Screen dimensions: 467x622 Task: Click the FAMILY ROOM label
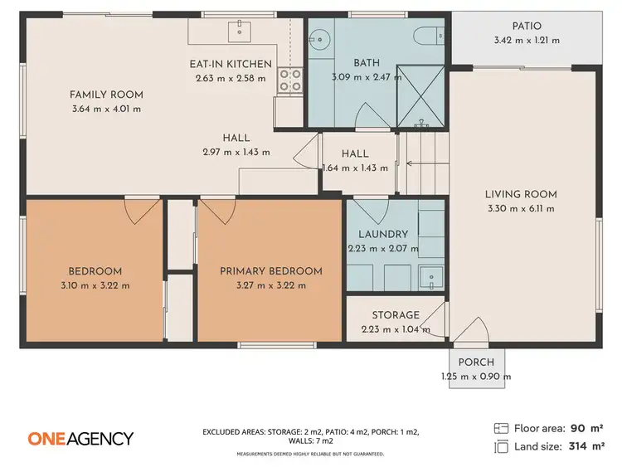point(106,95)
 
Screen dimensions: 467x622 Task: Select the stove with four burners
point(289,80)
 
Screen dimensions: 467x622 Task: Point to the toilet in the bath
point(429,34)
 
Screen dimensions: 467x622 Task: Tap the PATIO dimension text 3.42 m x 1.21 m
point(527,39)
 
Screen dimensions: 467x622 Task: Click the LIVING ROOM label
point(521,194)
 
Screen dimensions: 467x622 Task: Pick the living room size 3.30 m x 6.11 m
point(521,207)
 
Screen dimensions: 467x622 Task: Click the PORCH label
point(476,362)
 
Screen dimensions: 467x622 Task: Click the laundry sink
point(428,276)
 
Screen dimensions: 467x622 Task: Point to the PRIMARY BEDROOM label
point(270,271)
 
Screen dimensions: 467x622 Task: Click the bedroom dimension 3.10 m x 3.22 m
point(95,285)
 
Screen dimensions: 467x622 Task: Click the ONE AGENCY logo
point(80,438)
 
